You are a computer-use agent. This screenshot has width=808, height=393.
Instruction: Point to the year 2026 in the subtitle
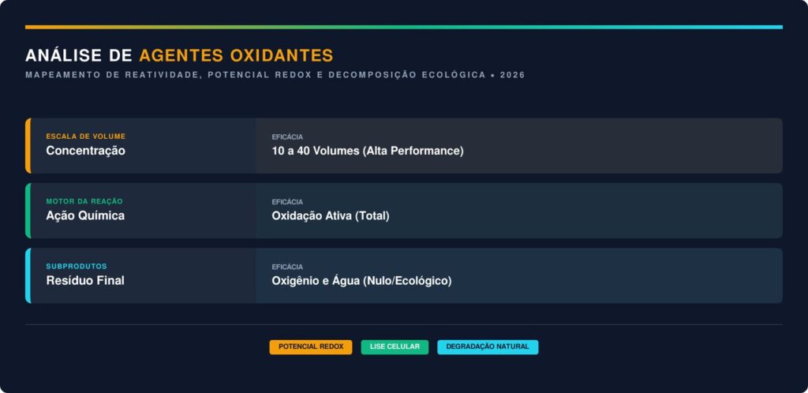[512, 75]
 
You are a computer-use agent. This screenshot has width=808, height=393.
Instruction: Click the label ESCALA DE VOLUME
[85, 137]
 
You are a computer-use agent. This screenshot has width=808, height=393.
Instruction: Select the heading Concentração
[85, 151]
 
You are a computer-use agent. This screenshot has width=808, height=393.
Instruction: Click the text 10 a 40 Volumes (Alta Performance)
[368, 151]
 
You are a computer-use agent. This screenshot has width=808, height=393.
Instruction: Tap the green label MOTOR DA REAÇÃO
[84, 201]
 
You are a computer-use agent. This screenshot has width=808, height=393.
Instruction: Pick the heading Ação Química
[85, 215]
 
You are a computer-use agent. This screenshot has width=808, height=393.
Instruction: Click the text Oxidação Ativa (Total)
[331, 215]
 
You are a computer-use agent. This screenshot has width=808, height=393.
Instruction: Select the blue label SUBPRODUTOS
[77, 266]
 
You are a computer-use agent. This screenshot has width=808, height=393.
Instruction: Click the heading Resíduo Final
[85, 281]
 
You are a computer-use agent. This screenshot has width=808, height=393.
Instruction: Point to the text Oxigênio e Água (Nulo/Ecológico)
[361, 281]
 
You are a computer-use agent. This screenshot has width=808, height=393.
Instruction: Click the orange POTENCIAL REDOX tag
[311, 346]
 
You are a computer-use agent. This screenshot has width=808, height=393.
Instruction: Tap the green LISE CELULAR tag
[395, 346]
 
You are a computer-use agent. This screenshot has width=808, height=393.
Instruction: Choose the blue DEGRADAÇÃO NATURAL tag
[488, 346]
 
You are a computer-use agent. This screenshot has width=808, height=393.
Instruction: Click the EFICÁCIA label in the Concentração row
[287, 137]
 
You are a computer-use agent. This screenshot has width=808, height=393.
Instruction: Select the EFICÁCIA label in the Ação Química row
[287, 202]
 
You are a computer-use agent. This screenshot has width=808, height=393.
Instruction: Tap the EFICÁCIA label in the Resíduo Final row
[287, 267]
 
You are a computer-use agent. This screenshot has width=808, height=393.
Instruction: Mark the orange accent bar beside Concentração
[28, 146]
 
